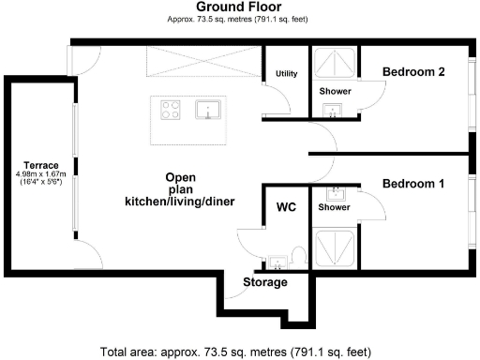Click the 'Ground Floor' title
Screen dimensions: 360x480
(239, 7)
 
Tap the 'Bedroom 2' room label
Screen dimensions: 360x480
(412, 71)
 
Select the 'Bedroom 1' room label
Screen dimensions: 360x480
(412, 184)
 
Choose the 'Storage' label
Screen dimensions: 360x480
(265, 282)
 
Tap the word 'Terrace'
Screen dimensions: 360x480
(41, 165)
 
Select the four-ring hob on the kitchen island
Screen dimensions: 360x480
(172, 111)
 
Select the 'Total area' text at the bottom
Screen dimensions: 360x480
(239, 352)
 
